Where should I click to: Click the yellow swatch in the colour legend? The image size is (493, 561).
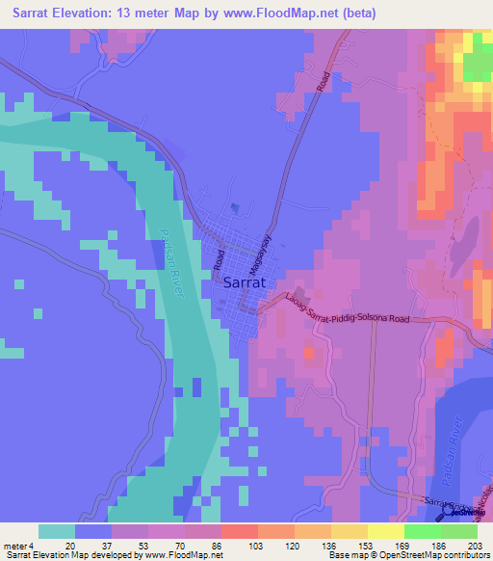pyautogui.click(x=385, y=531)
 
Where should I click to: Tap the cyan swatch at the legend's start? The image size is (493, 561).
pyautogui.click(x=56, y=531)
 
